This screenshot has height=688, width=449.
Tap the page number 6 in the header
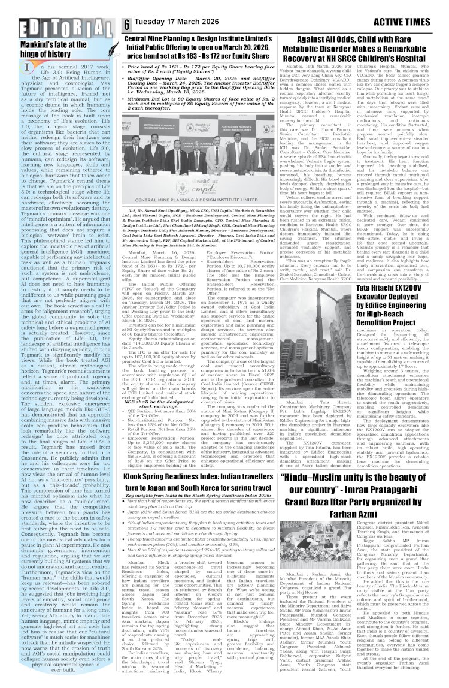pos(128,25)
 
